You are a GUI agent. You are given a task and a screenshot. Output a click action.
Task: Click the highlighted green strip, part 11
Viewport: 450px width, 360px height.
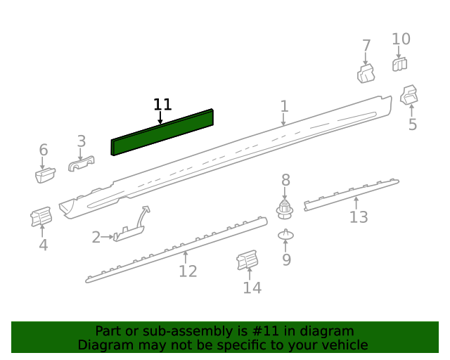coord(162,131)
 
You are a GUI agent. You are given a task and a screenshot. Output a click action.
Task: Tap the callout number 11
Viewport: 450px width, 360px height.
coord(162,105)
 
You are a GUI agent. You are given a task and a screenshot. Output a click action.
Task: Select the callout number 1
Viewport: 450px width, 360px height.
coord(284,106)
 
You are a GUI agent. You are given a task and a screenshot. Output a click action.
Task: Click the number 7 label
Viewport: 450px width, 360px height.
coord(366,46)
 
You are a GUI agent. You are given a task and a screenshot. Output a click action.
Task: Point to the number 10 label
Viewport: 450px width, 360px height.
coord(401,39)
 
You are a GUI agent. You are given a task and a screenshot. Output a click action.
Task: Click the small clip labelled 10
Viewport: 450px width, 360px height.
coord(399,65)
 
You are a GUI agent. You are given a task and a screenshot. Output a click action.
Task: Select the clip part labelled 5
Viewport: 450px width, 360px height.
coord(409,95)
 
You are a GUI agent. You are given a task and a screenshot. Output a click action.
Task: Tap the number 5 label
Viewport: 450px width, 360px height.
coord(413,125)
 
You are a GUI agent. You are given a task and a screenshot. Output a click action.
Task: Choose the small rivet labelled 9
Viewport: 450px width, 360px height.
coord(285,234)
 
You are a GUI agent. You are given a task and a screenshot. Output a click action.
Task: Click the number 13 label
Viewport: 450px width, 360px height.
coord(359,217)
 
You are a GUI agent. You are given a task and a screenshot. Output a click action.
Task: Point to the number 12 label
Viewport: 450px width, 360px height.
coord(188,271)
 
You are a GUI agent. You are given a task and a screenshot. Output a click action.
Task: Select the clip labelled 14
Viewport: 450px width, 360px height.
coord(247,262)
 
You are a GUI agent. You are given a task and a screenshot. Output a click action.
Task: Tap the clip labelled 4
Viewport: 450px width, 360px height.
coord(41,217)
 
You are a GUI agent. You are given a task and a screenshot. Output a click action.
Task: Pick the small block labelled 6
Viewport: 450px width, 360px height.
coord(46,174)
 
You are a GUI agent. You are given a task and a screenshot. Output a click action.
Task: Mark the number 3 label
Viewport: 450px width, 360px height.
coord(82,141)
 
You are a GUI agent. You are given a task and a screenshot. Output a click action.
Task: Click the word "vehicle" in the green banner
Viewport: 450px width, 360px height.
coord(342,345)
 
